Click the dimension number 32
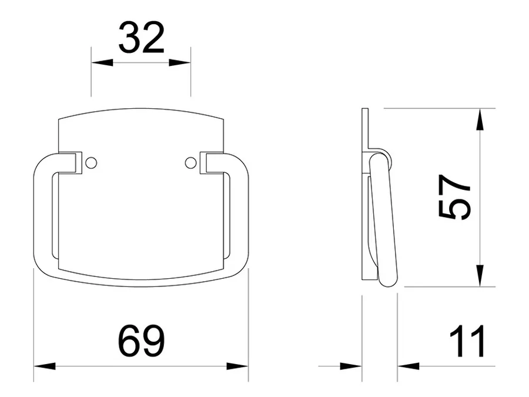(141, 38)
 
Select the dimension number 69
(141, 341)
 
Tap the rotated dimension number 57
(454, 198)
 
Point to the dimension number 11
(468, 341)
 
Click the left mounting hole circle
(91, 163)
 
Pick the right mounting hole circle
(190, 163)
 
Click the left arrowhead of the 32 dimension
(102, 63)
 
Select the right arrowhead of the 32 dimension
(180, 63)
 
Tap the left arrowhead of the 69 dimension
(45, 366)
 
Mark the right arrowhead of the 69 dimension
(237, 366)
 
